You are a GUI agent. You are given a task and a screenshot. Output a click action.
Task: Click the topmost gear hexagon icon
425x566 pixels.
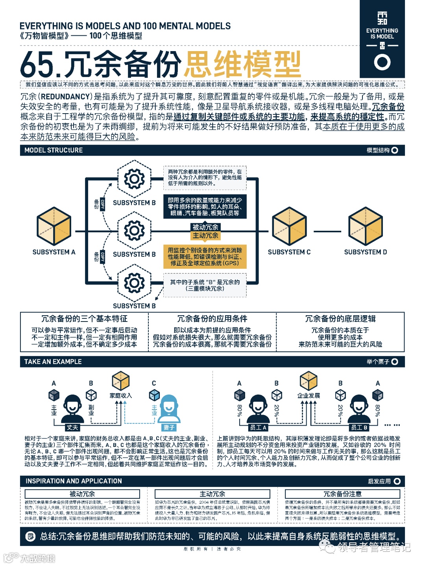coord(134,179)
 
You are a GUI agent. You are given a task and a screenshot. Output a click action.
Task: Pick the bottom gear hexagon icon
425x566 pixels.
coord(134,283)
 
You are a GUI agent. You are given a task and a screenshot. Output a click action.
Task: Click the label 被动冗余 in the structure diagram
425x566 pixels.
coord(205,227)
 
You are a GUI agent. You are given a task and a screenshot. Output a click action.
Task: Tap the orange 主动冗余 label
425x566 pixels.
coord(205,235)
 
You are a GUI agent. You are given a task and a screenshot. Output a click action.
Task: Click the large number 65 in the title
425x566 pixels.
coord(37,64)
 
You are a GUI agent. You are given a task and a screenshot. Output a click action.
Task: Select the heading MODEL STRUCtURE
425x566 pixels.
coord(54,150)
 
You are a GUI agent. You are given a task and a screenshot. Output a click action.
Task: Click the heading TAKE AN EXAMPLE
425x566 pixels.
coord(53,362)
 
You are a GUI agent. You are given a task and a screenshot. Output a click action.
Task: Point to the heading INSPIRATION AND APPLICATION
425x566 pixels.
coord(74,481)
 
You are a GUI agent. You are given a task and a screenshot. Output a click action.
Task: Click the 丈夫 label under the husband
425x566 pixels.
coord(72,427)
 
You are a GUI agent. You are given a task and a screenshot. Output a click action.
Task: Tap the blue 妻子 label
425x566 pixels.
coord(169,427)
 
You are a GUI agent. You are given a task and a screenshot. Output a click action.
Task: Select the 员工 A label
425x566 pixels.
coord(258,427)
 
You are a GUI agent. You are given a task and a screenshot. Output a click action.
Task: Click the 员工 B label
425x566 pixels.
coord(359,427)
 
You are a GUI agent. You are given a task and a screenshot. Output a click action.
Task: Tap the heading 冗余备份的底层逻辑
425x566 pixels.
coord(340,319)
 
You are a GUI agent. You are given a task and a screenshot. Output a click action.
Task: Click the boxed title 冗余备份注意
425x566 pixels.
coord(342,494)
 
